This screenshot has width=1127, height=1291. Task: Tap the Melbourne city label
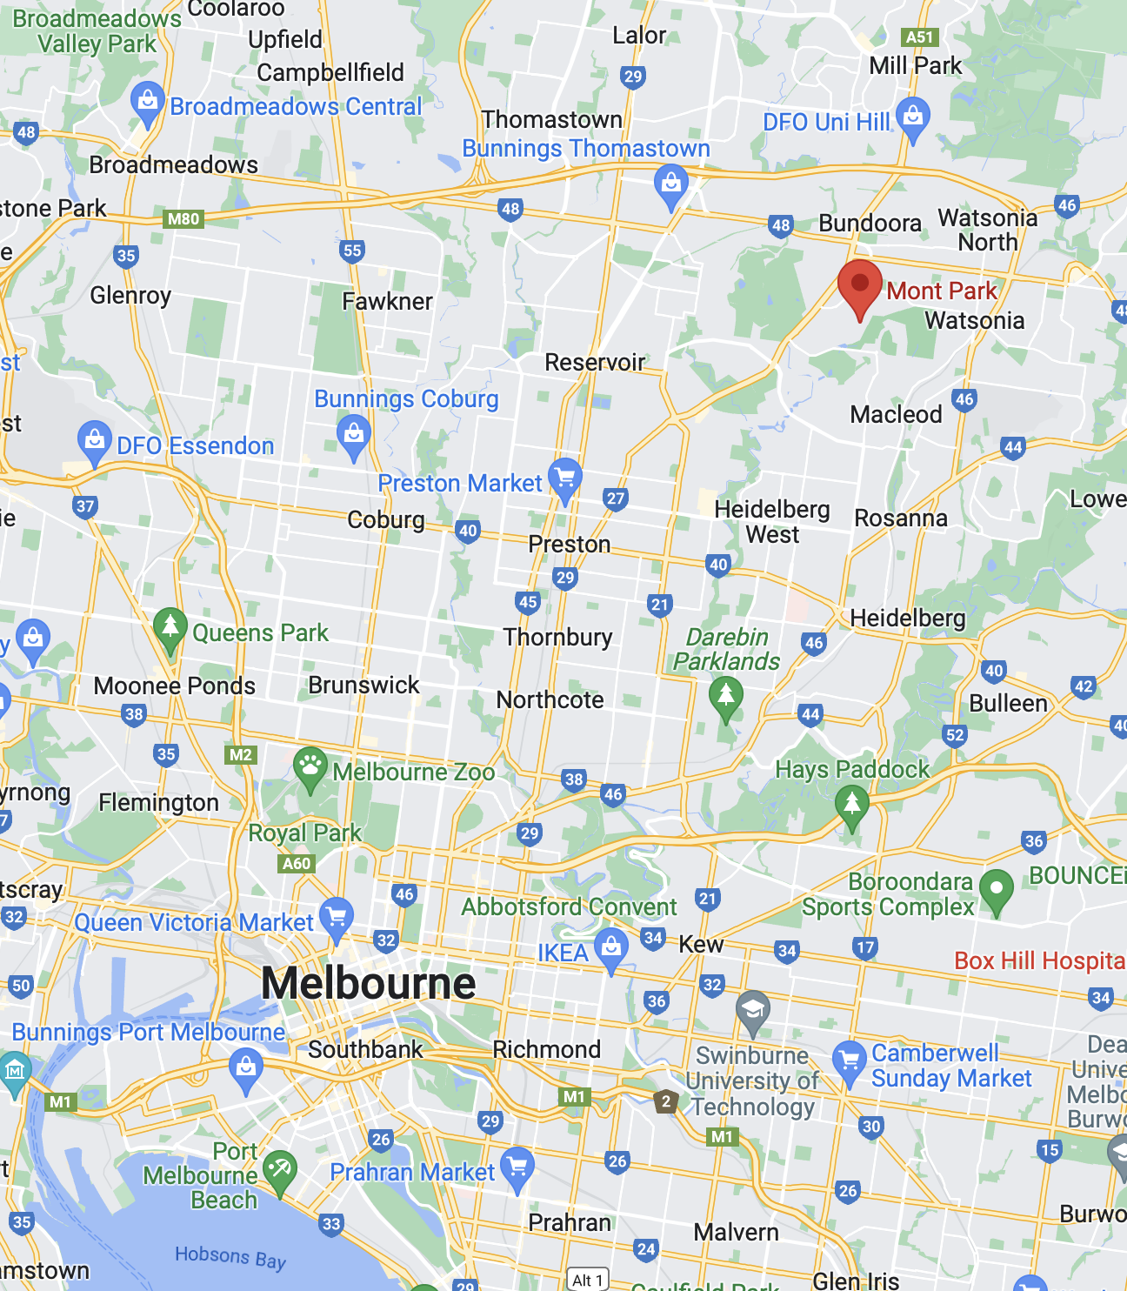(x=369, y=984)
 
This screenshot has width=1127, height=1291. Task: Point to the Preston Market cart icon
(x=565, y=478)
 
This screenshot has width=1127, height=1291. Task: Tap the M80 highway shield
(x=183, y=219)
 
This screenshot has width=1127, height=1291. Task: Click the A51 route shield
(x=919, y=37)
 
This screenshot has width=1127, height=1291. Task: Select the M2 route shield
(x=241, y=754)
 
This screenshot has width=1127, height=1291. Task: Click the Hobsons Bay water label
(x=230, y=1257)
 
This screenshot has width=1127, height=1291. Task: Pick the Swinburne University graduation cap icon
(x=753, y=1009)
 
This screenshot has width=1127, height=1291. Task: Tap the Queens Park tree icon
(x=170, y=627)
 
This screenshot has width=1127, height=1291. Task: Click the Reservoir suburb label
(x=595, y=362)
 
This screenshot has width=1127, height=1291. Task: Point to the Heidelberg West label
(x=772, y=521)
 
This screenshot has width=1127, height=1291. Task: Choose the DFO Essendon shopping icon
(x=94, y=440)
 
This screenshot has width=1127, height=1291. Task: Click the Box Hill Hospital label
(x=1040, y=960)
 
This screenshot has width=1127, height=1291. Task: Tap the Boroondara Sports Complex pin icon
(x=997, y=890)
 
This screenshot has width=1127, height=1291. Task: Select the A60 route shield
(x=297, y=864)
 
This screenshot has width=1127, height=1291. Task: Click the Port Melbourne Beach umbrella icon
(x=280, y=1170)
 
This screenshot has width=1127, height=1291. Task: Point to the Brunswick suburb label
(x=363, y=685)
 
